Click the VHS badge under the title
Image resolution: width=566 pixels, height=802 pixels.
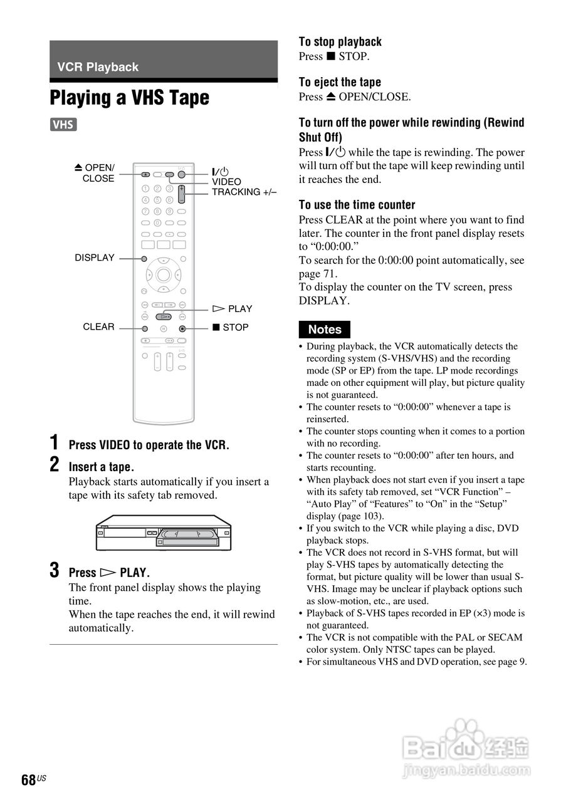tap(63, 125)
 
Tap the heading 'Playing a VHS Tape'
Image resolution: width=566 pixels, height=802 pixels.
tap(129, 98)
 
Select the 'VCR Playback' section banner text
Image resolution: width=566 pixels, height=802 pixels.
tap(98, 67)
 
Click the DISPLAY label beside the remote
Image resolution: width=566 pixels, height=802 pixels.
tap(95, 258)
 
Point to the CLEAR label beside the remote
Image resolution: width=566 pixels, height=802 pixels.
tap(98, 326)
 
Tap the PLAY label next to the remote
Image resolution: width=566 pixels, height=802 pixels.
tap(233, 309)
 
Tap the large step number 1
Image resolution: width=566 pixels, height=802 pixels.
tap(55, 442)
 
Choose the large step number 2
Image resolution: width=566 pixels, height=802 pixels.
tap(55, 464)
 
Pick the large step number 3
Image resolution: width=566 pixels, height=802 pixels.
tap(55, 570)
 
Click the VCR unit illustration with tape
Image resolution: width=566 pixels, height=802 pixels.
tap(164, 533)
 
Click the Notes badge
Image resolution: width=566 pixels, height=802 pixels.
tap(325, 330)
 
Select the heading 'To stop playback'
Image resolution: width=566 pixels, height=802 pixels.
tap(340, 42)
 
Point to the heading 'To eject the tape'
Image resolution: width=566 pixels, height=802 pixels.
tap(340, 82)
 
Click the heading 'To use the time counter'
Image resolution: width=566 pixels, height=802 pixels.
tap(357, 205)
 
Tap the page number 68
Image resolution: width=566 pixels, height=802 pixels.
tap(28, 780)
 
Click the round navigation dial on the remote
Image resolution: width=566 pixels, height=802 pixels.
tap(164, 274)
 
